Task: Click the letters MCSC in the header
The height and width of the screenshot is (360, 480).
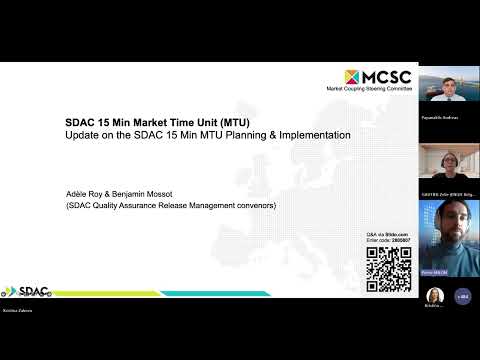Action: tap(385, 77)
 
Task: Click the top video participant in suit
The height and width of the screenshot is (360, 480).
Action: tap(447, 90)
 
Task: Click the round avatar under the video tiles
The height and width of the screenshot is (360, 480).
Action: tap(436, 296)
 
